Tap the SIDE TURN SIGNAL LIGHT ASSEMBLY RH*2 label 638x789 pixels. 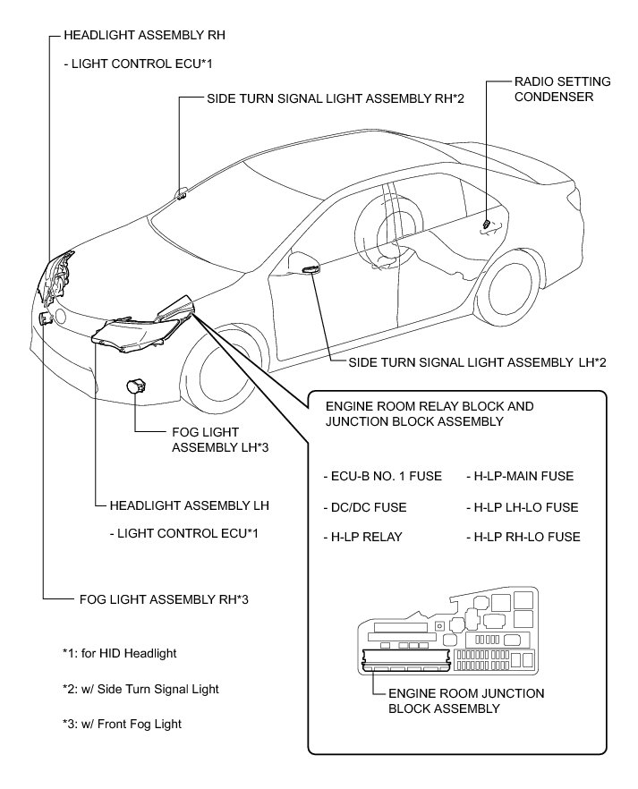pos(335,98)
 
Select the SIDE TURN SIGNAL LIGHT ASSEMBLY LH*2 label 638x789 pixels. pos(469,362)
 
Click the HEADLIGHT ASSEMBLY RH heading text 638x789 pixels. pos(143,36)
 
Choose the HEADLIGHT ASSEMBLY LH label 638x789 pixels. pos(189,505)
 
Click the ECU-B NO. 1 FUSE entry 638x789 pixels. pos(383,476)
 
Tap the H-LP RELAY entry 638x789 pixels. pos(362,538)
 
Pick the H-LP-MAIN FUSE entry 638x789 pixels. pos(520,476)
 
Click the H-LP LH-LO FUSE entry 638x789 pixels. pos(523,507)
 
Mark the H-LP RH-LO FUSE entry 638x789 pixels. pos(523,538)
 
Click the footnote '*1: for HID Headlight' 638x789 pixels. pos(114,653)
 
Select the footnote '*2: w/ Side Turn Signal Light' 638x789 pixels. pos(134,689)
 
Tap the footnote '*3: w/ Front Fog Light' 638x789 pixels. pos(116,724)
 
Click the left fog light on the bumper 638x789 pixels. pos(137,386)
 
